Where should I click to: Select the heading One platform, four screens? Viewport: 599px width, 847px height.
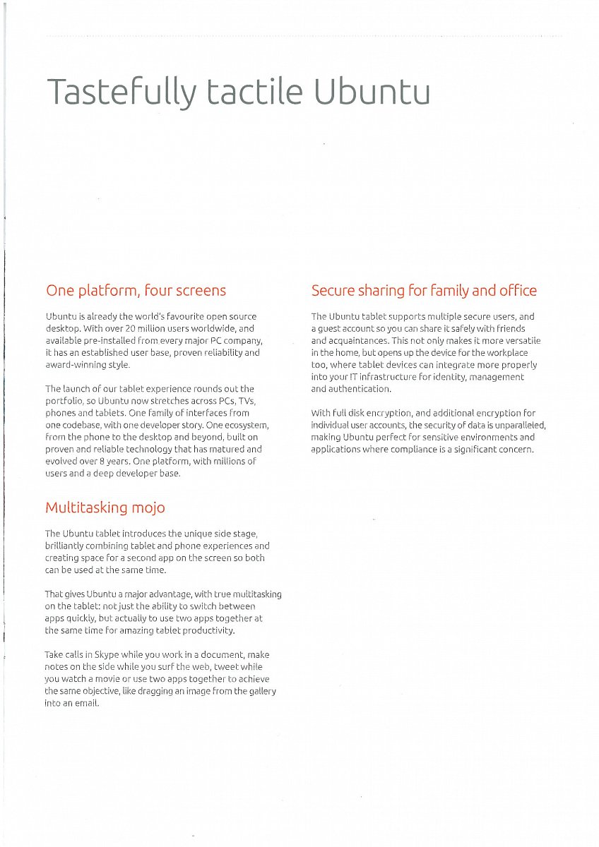pyautogui.click(x=136, y=290)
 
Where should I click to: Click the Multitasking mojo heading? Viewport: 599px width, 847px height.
pyautogui.click(x=105, y=507)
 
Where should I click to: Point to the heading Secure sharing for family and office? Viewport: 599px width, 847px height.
pyautogui.click(x=424, y=290)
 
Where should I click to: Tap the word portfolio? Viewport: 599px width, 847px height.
pyautogui.click(x=65, y=401)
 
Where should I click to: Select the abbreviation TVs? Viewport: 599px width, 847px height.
pyautogui.click(x=243, y=401)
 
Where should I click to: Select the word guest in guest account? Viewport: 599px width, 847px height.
pyautogui.click(x=330, y=328)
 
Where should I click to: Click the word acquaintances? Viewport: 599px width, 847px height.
pyautogui.click(x=359, y=340)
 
